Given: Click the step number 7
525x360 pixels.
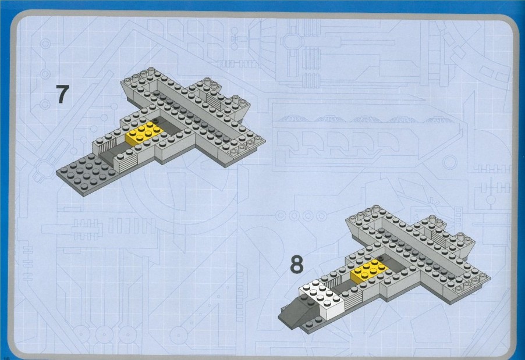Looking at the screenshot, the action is coord(62,94).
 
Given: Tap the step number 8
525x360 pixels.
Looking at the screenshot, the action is coord(297,264).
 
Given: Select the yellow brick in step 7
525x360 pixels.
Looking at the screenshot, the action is coord(144,133).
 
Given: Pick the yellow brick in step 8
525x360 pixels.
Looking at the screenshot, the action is coord(370,270).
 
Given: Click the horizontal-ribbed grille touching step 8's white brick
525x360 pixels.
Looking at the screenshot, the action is coord(352,300).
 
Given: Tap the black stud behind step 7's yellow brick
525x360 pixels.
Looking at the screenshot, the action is coord(154,119).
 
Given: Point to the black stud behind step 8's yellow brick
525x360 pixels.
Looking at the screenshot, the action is coord(380,257).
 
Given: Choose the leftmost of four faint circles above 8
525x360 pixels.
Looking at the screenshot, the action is coord(281,216).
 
